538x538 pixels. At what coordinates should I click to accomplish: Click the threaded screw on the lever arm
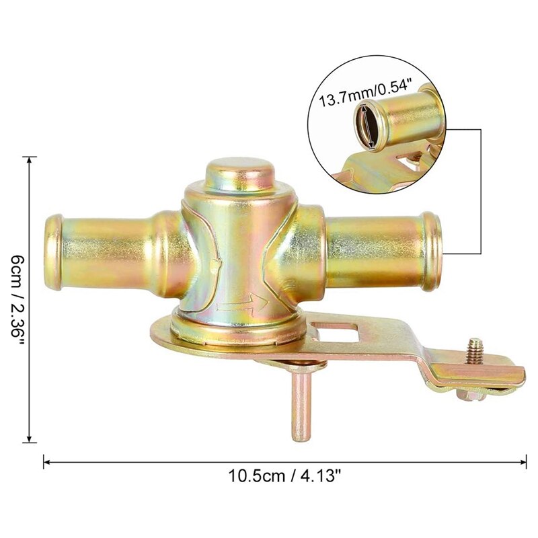pos(476,350)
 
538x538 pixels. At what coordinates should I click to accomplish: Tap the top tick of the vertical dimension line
pos(30,157)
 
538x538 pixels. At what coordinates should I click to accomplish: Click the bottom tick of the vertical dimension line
pos(30,443)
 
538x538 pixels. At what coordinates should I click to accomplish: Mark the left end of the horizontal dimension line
pos(44,461)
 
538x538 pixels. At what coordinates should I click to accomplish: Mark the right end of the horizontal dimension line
pos(525,461)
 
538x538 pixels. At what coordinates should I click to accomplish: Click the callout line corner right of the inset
pos(483,129)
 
